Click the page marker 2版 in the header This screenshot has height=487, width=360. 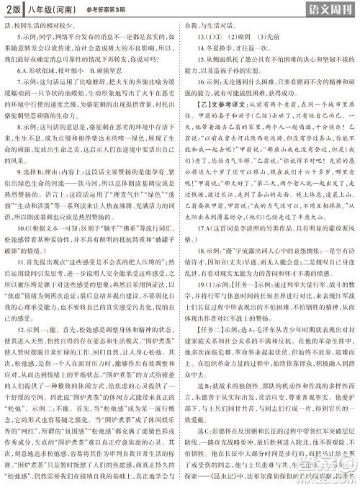click(12, 9)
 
